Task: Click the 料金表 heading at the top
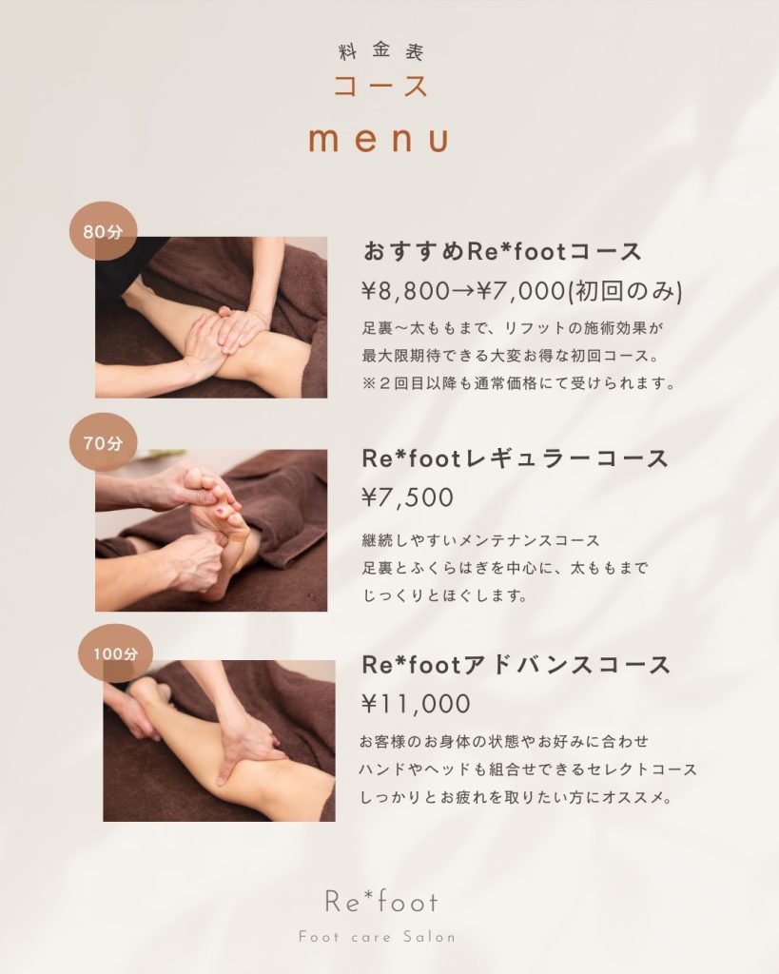380,51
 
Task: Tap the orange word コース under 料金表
380,86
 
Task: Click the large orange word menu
379,139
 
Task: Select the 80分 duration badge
103,231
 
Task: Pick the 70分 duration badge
103,442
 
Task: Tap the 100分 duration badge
115,653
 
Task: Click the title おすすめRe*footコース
502,251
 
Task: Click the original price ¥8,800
405,291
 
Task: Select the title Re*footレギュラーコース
515,459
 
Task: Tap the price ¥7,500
407,497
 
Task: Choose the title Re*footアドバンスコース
516,665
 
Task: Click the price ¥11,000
417,704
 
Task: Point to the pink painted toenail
220,511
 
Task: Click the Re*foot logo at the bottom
380,902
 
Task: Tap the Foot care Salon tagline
377,937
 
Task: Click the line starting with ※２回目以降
519,383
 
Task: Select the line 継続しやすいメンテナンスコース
481,540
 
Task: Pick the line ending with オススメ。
516,797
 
